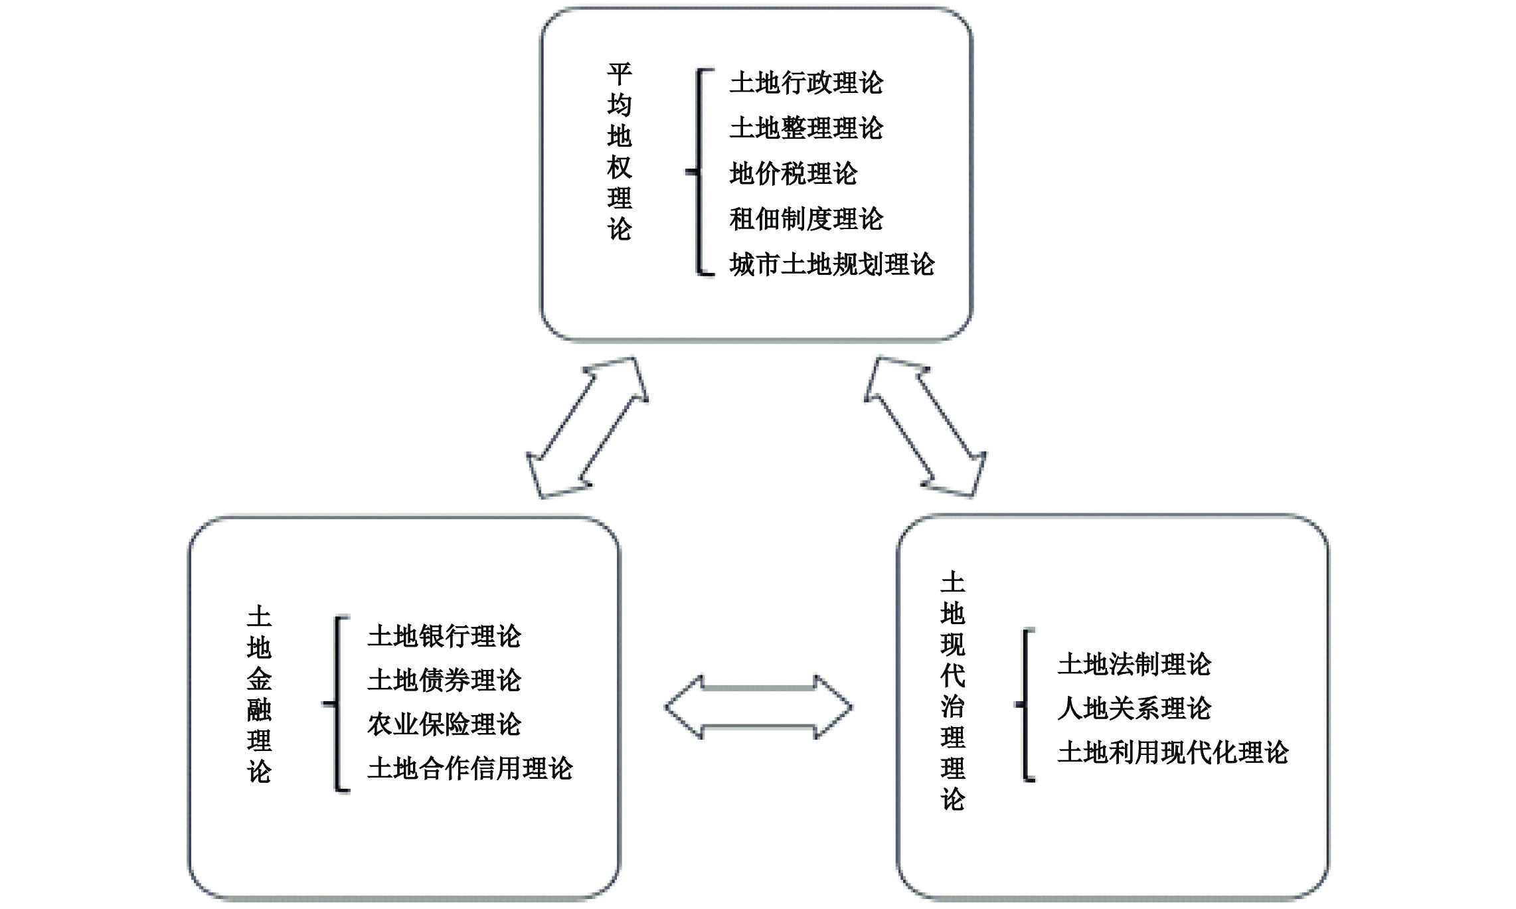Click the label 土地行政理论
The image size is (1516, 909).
(x=806, y=83)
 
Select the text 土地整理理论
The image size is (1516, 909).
(x=806, y=128)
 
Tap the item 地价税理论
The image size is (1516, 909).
(x=794, y=174)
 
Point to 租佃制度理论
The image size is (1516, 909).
(x=806, y=219)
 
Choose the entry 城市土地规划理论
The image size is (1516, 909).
(x=831, y=264)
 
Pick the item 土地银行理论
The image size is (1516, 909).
(x=444, y=636)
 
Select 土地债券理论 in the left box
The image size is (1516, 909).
(x=444, y=680)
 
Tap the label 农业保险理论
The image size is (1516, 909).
(x=444, y=724)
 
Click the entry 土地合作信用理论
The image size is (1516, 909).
(x=469, y=768)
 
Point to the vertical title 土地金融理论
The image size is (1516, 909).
(x=259, y=694)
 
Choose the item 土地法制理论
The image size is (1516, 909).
(x=1134, y=664)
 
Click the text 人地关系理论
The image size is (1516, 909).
(x=1134, y=708)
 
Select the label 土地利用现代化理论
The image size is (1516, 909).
(x=1173, y=752)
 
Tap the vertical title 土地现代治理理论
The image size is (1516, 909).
(x=952, y=691)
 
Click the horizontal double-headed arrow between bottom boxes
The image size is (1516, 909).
(x=758, y=707)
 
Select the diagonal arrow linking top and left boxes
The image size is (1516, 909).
(x=587, y=428)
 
